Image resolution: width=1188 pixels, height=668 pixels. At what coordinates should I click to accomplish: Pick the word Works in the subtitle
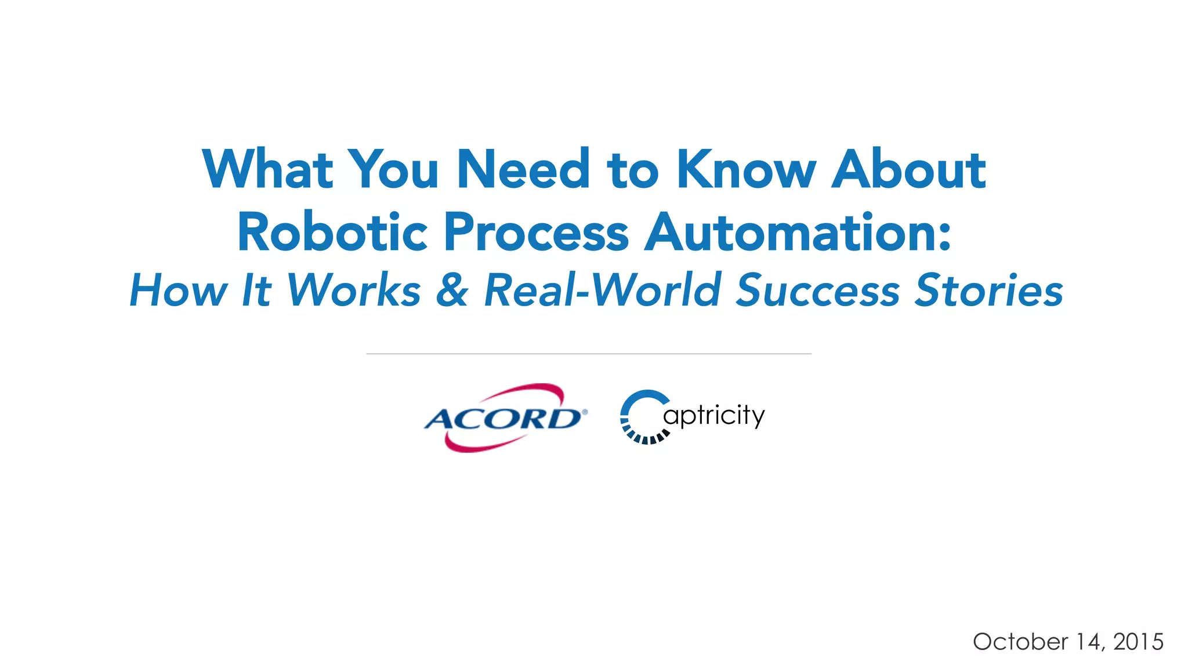tap(353, 290)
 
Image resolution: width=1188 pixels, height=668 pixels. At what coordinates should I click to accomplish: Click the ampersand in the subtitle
tap(452, 290)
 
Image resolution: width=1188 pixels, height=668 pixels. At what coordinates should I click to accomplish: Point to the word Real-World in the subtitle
tap(603, 290)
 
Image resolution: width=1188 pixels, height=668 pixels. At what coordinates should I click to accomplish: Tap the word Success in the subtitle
tap(818, 290)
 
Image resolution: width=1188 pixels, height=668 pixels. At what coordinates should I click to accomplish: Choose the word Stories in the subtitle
tap(989, 290)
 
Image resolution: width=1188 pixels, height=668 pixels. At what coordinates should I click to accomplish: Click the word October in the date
tap(1020, 642)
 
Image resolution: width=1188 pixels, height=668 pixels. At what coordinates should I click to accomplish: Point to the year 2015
tap(1138, 642)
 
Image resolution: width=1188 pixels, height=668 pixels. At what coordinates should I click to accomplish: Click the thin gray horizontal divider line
tap(589, 353)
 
